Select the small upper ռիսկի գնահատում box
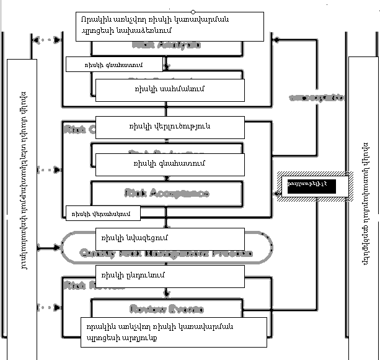coord(114,64)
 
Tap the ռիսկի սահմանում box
coord(169,89)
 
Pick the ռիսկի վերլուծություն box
coord(169,127)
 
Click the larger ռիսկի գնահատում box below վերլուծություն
coord(169,164)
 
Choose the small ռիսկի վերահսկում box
coord(103,214)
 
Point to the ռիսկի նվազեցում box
coord(169,238)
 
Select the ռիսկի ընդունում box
coord(169,274)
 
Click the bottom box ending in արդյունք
coord(174,333)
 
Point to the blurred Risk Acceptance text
coord(166,193)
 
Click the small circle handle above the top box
coord(193,12)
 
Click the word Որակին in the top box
coord(93,19)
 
